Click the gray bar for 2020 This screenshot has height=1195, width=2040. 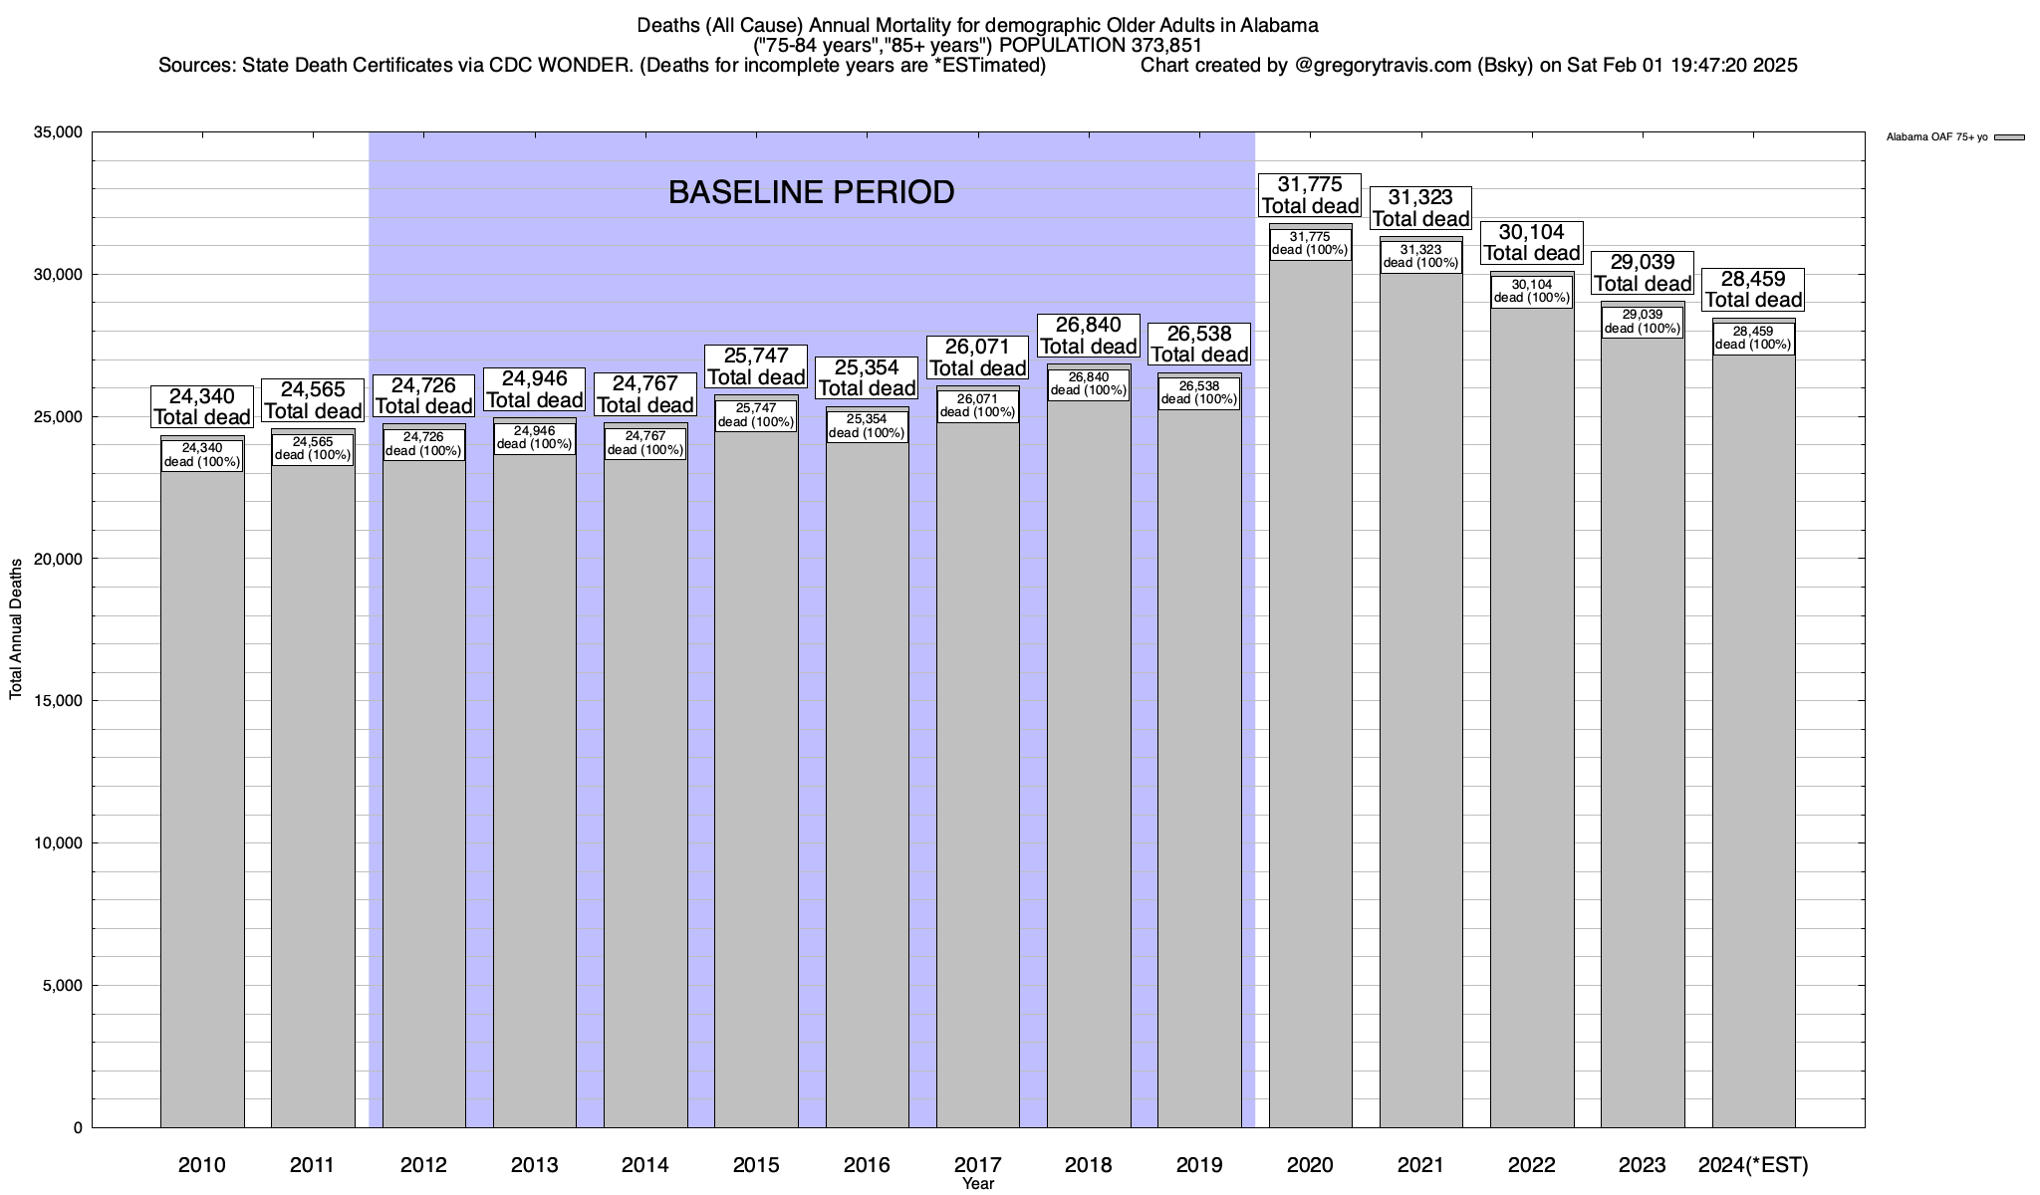click(x=1310, y=697)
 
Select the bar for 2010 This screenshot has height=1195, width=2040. click(x=202, y=797)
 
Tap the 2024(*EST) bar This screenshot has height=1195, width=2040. click(x=1753, y=747)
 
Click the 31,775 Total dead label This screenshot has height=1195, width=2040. click(x=1310, y=195)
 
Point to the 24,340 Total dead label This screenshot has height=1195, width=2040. click(x=202, y=407)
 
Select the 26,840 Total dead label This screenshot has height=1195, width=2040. click(x=1088, y=336)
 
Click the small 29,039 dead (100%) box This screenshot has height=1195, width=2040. click(x=1643, y=322)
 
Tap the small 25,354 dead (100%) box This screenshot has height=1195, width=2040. click(x=867, y=426)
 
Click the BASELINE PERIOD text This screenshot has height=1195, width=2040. click(x=811, y=192)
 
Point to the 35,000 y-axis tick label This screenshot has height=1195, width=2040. click(x=60, y=132)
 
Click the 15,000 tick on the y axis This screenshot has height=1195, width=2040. click(x=60, y=701)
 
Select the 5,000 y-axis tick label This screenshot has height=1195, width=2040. click(x=64, y=986)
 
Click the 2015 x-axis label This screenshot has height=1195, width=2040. click(x=756, y=1165)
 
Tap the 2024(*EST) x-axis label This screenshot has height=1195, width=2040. click(x=1753, y=1165)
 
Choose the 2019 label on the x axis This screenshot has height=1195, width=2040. click(x=1199, y=1165)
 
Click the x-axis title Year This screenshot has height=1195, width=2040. click(x=978, y=1184)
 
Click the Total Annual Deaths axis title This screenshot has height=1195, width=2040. click(x=16, y=629)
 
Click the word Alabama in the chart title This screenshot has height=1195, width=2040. click(x=1279, y=25)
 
